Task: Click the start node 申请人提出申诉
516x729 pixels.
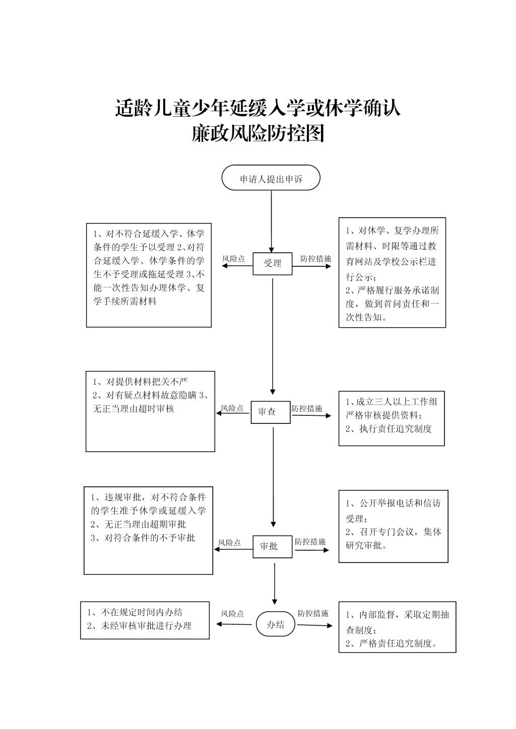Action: click(271, 177)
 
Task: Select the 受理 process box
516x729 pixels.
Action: click(272, 264)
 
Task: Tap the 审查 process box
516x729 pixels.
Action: click(271, 412)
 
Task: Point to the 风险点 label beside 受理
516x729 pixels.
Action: click(233, 259)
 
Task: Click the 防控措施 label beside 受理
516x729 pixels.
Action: click(315, 259)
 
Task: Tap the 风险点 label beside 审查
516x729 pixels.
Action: click(232, 408)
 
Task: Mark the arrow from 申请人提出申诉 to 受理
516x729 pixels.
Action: click(272, 222)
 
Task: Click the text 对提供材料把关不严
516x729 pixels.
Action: click(147, 382)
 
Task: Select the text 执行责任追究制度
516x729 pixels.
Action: click(396, 428)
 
